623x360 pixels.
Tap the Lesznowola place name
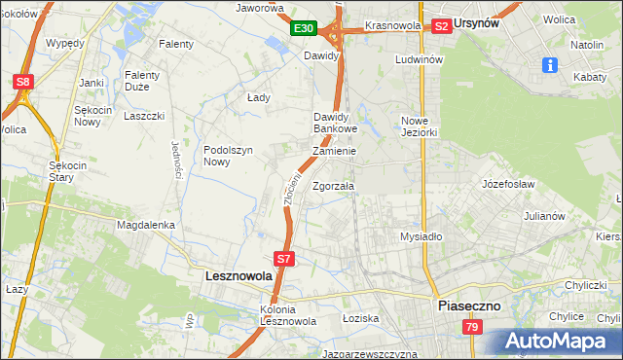[x=238, y=276]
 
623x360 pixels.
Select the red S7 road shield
[x=283, y=259]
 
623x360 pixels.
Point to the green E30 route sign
[x=304, y=29]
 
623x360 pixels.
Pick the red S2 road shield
[x=441, y=26]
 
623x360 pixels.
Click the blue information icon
[x=550, y=64]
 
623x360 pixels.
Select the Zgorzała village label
[x=334, y=186]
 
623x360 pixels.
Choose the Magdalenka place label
[x=145, y=225]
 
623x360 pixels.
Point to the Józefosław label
[x=509, y=183]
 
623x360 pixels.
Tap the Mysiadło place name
[x=421, y=236]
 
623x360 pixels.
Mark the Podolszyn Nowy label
[x=229, y=156]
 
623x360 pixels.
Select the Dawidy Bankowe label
[x=336, y=123]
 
